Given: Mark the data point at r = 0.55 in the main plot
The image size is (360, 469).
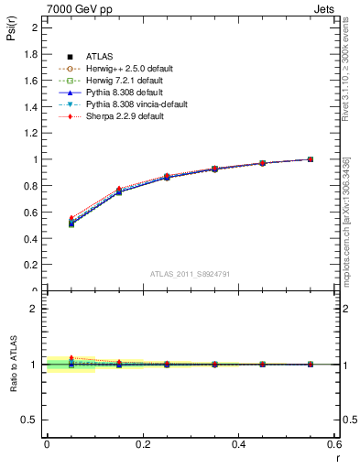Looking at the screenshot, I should pyautogui.click(x=311, y=159).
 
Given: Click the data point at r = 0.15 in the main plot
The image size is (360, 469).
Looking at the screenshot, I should pyautogui.click(x=118, y=191).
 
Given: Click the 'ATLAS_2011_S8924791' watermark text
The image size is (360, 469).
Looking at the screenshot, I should pyautogui.click(x=190, y=274).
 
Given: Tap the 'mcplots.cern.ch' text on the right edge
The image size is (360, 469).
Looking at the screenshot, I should pyautogui.click(x=348, y=246).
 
